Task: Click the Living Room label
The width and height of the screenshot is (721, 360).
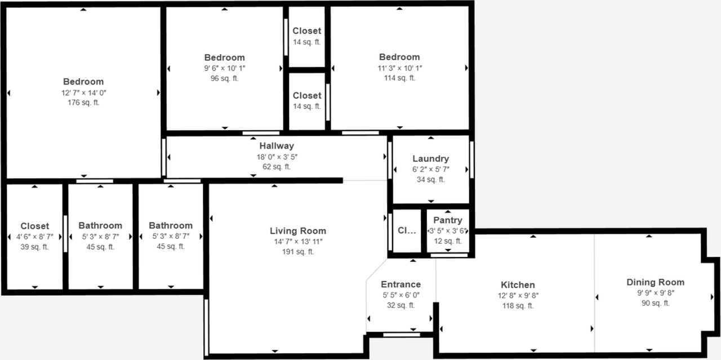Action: tap(297, 231)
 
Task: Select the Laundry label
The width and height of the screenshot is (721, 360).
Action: tap(430, 159)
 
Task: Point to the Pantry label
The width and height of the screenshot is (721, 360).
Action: tap(448, 220)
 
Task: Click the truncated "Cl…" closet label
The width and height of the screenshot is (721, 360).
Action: tap(406, 230)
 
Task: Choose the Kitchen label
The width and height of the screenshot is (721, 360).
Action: tap(518, 285)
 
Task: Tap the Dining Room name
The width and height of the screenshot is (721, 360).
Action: tap(655, 282)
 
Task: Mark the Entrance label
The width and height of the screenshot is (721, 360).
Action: tap(400, 285)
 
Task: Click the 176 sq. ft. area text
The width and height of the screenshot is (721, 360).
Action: tap(83, 103)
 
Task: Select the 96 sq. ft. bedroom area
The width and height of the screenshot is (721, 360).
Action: tap(224, 78)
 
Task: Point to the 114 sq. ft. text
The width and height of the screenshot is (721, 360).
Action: tap(399, 78)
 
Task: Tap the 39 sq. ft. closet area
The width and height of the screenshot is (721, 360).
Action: tap(35, 247)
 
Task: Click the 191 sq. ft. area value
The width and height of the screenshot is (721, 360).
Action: tap(297, 252)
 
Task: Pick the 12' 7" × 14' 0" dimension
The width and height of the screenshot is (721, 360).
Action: tap(83, 92)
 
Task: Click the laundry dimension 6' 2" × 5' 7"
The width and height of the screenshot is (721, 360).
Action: tap(430, 170)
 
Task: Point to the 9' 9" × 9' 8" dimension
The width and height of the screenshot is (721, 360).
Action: tap(655, 293)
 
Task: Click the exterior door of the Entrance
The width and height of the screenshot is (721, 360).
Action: tap(401, 335)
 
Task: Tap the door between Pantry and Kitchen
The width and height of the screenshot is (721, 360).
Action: tap(449, 255)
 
